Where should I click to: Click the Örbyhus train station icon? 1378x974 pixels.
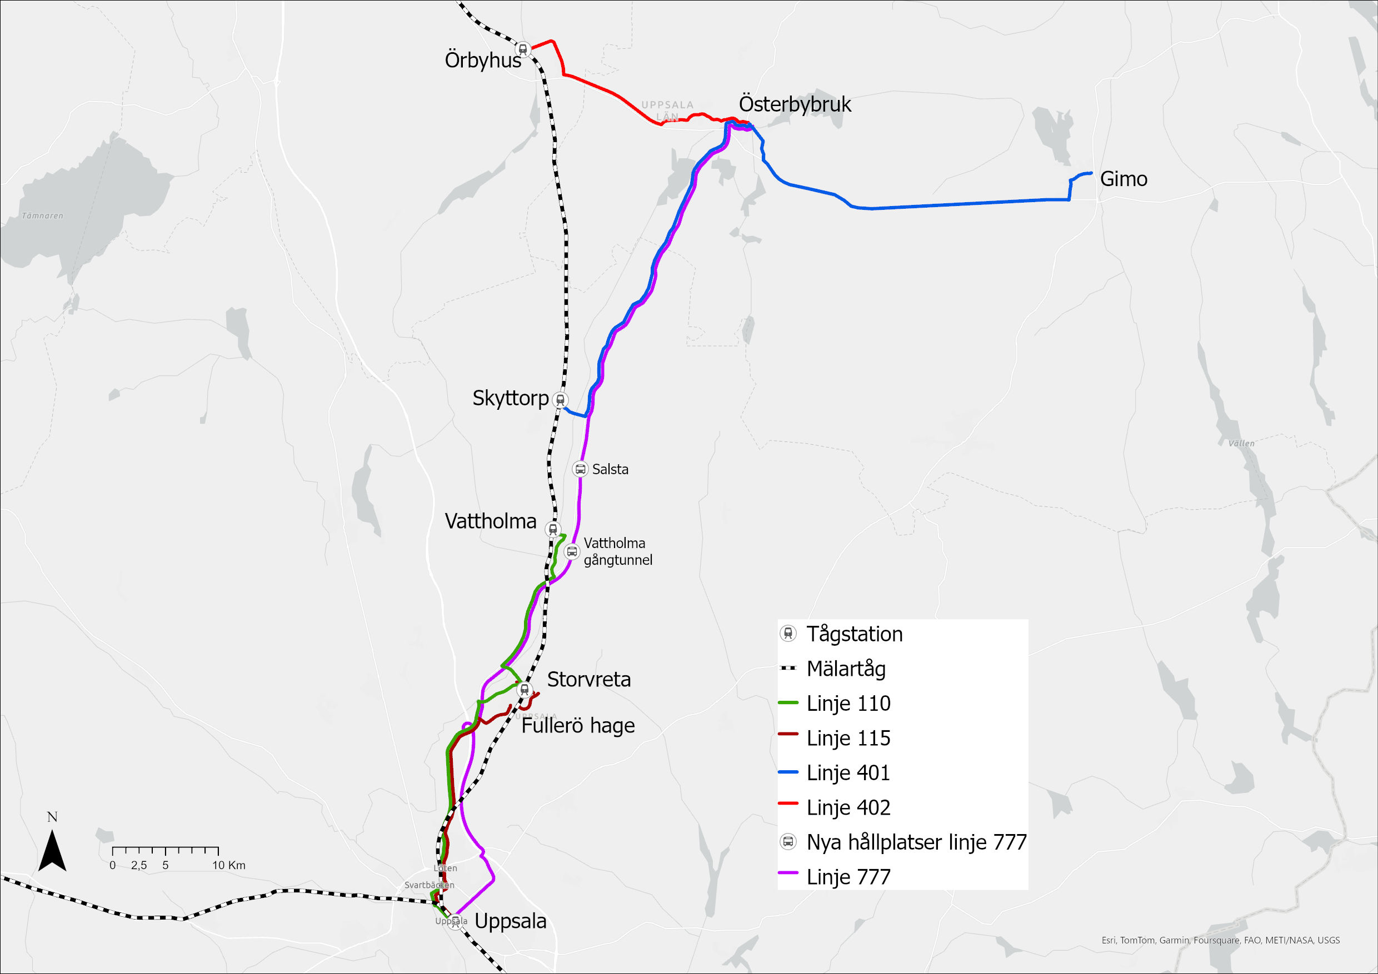tap(523, 48)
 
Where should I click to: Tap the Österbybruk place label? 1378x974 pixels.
tap(795, 104)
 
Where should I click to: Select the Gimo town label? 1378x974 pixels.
tap(1124, 179)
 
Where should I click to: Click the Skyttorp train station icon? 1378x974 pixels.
tap(560, 399)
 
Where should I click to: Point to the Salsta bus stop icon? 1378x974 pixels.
tap(580, 469)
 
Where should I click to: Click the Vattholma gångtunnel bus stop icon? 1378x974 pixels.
tap(571, 551)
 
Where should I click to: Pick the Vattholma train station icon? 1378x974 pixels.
tap(552, 530)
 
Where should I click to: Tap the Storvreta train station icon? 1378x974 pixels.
tap(524, 689)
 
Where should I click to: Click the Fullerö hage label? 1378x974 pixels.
tap(577, 726)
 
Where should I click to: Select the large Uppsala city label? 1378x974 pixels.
tap(510, 921)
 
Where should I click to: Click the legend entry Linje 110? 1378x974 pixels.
tap(848, 703)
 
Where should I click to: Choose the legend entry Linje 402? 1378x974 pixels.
tap(848, 807)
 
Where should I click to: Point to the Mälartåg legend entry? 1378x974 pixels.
tap(846, 668)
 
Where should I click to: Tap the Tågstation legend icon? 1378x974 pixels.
tap(788, 634)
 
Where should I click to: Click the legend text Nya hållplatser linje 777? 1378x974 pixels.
tap(916, 842)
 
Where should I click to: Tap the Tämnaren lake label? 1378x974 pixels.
tap(42, 216)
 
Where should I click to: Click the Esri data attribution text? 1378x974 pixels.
tap(1220, 940)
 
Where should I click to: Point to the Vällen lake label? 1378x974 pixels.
tap(1241, 443)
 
